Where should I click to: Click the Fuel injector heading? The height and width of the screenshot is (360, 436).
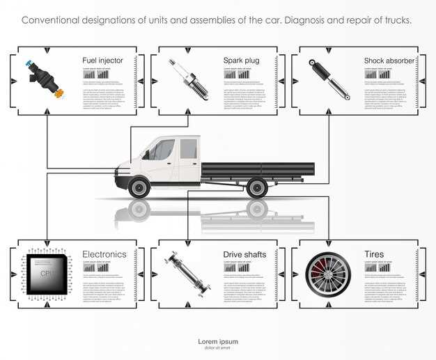(102, 61)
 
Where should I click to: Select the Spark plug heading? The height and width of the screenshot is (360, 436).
(241, 61)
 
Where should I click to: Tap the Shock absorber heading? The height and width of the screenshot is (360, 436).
(389, 61)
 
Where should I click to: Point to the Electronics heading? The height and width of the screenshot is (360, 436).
(104, 254)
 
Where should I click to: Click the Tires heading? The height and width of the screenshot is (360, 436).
(373, 254)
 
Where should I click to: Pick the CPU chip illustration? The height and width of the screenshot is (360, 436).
(46, 273)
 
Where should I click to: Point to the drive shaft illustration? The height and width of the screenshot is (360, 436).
(187, 275)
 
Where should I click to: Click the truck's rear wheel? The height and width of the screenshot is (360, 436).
(257, 186)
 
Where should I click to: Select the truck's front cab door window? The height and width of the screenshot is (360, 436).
(162, 150)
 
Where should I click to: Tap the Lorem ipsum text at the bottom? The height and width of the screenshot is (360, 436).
(218, 341)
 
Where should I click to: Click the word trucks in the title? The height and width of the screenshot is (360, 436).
(396, 20)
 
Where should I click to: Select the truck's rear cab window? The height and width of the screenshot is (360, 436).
(188, 148)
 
